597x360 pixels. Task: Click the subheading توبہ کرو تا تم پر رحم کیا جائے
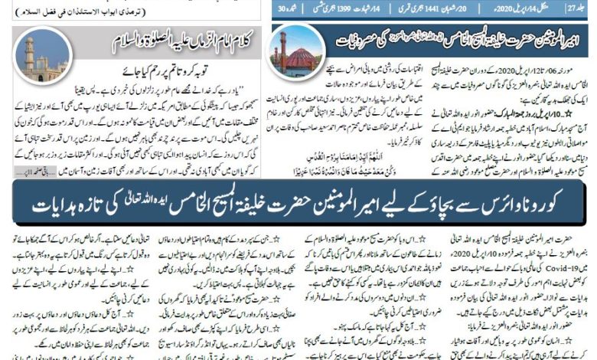pyautogui.click(x=168, y=66)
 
